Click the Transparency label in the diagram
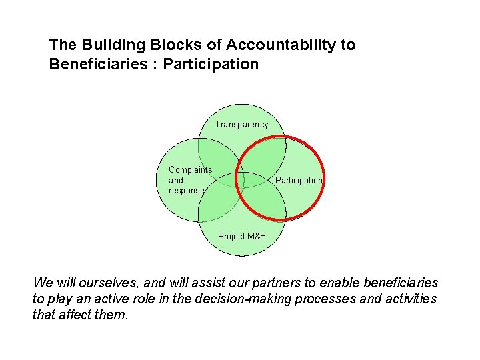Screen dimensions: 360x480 coord(241,124)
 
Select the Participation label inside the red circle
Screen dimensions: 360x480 coord(299,181)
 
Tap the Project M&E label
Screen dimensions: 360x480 coord(241,236)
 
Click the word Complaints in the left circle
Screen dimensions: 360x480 coord(191,169)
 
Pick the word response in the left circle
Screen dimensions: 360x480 coord(187,191)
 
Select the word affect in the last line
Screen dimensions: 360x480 coord(75,314)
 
